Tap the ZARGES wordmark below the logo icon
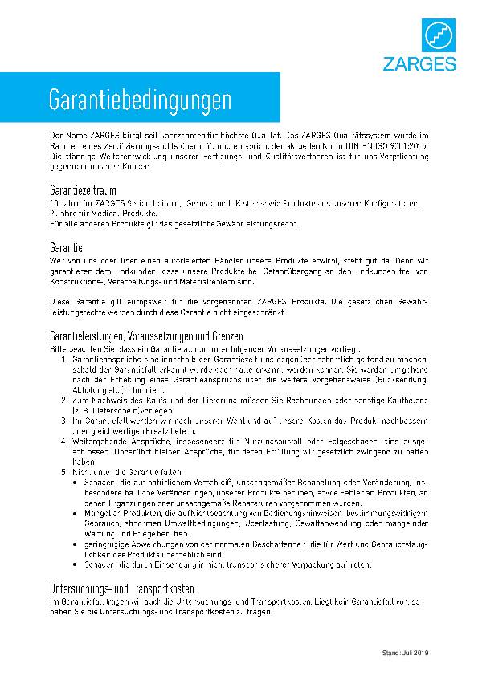click(x=432, y=64)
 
